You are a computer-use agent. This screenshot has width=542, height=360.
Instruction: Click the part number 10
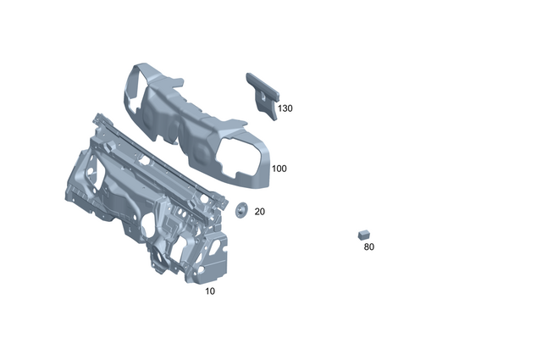[210, 291]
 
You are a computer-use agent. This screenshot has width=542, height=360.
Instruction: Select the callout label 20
[259, 212]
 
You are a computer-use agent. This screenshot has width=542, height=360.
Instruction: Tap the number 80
[368, 247]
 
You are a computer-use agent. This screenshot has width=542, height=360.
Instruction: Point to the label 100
[279, 169]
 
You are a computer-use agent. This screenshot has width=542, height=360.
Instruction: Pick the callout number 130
[285, 108]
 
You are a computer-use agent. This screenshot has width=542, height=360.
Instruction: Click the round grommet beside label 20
[240, 209]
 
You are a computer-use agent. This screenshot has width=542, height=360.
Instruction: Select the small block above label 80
[364, 232]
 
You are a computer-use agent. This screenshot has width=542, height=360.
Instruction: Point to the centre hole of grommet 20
[240, 209]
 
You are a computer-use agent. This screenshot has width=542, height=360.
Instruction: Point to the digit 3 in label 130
[285, 108]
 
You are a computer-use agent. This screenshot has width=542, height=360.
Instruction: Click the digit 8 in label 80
[366, 247]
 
